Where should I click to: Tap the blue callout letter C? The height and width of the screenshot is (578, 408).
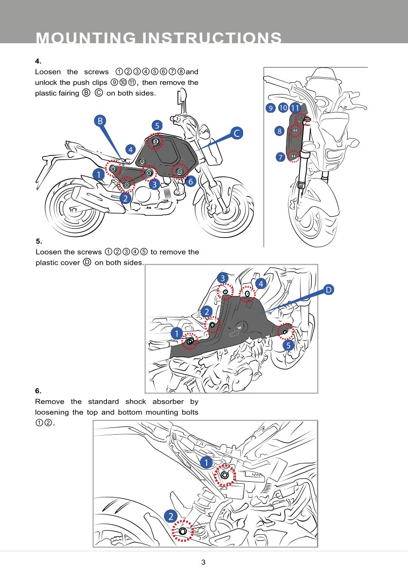[x=236, y=133]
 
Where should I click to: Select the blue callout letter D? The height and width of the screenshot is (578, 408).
[x=329, y=290]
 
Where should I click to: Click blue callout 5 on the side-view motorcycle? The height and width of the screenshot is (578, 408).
[x=157, y=125]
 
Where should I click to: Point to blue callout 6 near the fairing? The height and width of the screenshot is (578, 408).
[x=190, y=182]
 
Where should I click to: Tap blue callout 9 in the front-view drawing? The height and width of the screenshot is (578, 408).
[x=270, y=108]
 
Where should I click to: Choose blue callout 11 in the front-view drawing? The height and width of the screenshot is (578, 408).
[x=295, y=108]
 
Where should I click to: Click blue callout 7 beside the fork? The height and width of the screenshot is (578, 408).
[x=280, y=157]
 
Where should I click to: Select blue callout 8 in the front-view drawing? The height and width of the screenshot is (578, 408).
[x=279, y=131]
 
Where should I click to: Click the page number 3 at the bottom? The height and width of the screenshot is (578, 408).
[x=203, y=562]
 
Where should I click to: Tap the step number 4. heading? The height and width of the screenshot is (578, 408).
[x=38, y=61]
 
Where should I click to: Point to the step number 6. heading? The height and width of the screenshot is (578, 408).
[x=38, y=391]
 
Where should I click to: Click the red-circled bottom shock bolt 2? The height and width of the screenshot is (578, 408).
[x=183, y=531]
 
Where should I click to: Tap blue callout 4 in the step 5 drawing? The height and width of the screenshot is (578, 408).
[x=261, y=283]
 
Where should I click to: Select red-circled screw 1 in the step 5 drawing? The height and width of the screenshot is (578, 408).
[x=190, y=341]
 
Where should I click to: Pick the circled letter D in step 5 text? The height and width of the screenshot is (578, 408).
[x=87, y=262]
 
